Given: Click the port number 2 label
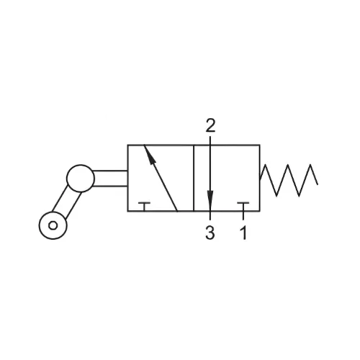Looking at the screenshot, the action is click(210, 125).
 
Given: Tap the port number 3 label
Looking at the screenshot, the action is click(210, 233).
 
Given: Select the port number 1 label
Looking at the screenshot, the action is click(243, 233).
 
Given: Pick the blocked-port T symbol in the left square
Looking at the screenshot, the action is click(144, 207).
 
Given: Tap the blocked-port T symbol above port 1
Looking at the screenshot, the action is click(243, 207).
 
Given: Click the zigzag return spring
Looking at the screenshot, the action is click(288, 180).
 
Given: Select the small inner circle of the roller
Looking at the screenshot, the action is click(53, 225).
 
